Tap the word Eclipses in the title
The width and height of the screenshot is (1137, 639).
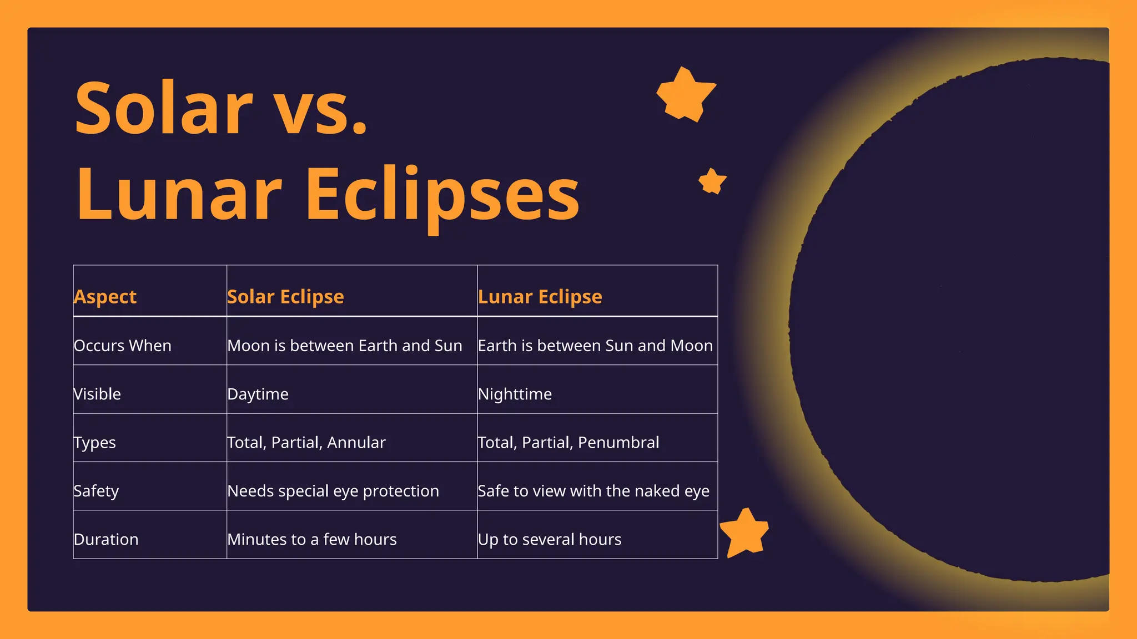click(x=442, y=195)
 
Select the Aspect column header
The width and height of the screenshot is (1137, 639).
click(x=105, y=297)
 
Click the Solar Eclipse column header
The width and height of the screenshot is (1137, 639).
click(x=285, y=297)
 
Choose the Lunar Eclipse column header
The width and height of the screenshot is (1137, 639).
click(x=540, y=297)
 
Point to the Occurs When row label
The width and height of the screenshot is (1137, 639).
click(x=123, y=346)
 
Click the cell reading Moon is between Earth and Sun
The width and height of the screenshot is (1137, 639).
click(x=345, y=346)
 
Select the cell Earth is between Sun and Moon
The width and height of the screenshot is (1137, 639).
click(x=595, y=346)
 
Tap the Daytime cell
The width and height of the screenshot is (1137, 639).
click(x=258, y=394)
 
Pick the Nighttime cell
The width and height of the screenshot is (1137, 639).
click(x=515, y=394)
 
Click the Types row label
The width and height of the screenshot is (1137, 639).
click(x=95, y=443)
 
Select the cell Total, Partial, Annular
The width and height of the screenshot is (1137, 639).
click(x=306, y=443)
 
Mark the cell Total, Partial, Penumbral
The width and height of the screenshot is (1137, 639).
click(x=568, y=443)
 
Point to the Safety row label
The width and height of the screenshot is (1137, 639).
click(x=96, y=491)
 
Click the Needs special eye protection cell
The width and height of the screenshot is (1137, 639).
click(x=333, y=491)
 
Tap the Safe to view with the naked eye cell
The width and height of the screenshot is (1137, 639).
click(x=593, y=491)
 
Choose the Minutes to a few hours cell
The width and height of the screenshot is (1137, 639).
click(x=312, y=539)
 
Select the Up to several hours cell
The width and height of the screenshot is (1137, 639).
click(x=550, y=539)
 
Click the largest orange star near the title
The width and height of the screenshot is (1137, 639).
click(x=686, y=94)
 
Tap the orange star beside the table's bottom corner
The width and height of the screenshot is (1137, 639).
click(x=744, y=533)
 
